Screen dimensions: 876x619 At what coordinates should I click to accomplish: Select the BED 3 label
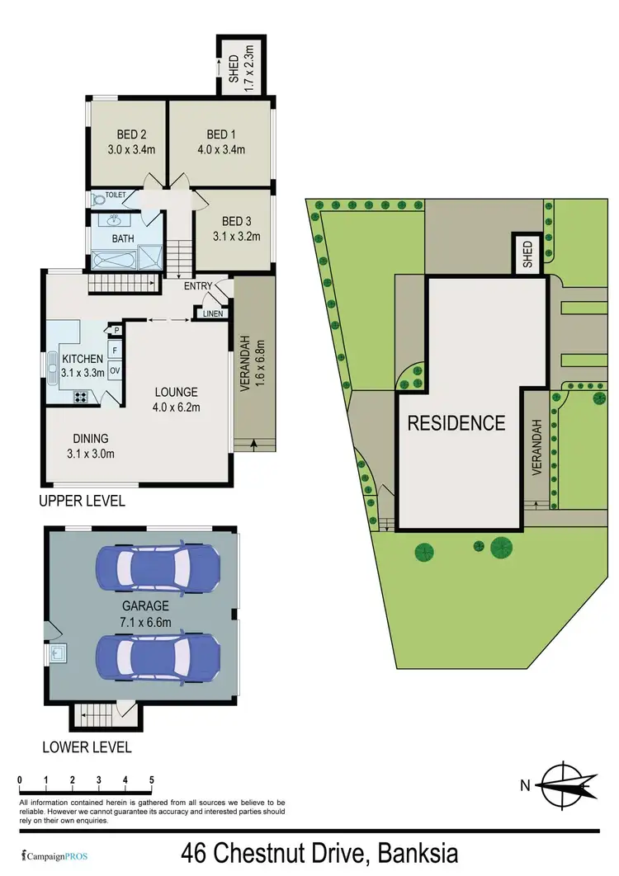(235, 221)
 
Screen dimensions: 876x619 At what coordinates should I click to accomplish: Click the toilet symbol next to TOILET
(99, 199)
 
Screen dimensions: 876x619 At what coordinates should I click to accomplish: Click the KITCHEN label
(82, 359)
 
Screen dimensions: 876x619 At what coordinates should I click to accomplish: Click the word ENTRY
(197, 286)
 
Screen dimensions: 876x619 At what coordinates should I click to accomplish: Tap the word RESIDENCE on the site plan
(456, 423)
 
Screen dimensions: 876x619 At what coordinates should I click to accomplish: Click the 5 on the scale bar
(152, 779)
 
